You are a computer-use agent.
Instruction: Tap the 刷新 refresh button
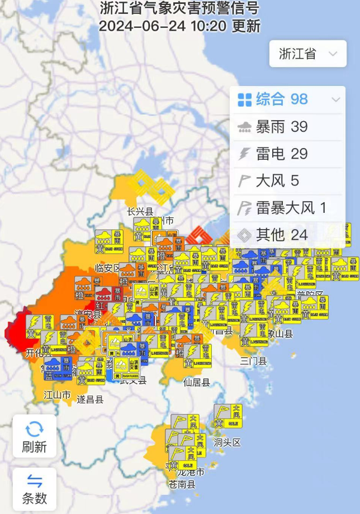(35, 436)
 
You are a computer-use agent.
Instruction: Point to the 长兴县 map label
(140, 212)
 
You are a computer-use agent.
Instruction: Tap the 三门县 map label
(254, 361)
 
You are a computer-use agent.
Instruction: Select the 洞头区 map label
(227, 442)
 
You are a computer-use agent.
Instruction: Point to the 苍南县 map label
(183, 484)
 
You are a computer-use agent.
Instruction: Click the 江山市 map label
(58, 395)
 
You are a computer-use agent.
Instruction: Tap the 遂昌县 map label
(91, 399)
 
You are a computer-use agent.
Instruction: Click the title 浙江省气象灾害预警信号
(179, 9)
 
